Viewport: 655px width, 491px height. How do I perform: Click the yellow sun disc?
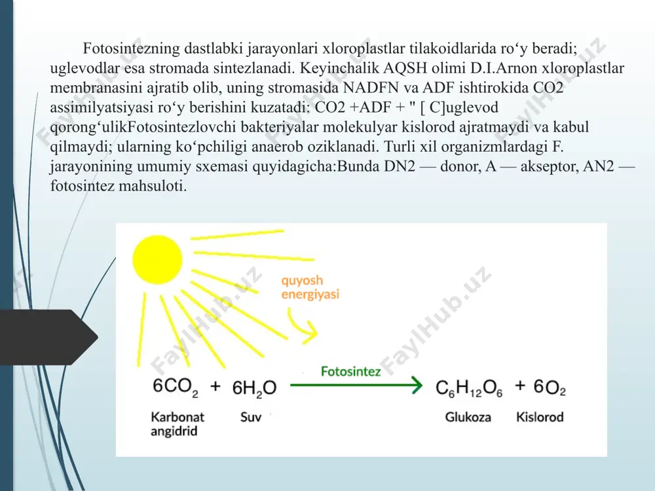157,260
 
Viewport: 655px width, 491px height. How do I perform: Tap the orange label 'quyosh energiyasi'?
310,287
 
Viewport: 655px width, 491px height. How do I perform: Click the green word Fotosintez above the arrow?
350,371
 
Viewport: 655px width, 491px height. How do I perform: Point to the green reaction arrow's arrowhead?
417,385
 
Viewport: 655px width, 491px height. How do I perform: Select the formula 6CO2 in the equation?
176,387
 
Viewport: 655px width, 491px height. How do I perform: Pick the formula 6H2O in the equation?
254,388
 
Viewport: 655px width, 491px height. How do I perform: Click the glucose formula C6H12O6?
469,388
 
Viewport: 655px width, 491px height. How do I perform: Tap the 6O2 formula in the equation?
550,388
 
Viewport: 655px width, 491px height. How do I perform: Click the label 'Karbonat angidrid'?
178,424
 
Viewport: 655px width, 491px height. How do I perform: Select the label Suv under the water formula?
251,416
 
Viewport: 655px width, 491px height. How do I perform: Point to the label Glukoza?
468,416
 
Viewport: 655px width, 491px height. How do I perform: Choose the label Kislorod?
540,416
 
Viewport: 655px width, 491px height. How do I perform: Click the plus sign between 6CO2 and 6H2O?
215,386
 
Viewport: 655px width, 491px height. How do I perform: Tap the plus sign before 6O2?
520,386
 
